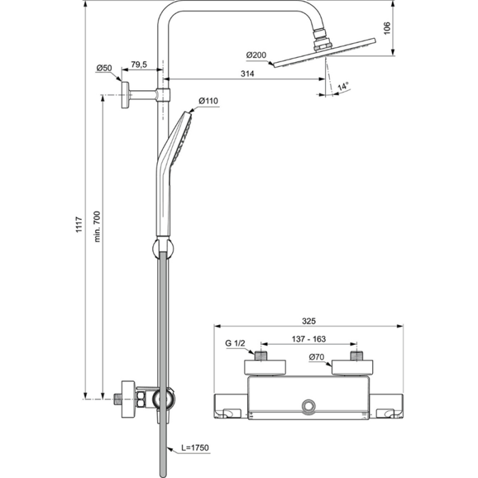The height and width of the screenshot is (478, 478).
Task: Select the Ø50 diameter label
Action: (104, 68)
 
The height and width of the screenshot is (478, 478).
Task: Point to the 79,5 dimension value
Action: (139, 65)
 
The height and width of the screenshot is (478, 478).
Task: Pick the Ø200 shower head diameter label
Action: (256, 55)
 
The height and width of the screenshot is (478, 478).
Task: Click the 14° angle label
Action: (343, 86)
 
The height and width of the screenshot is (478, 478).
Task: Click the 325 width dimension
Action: (310, 319)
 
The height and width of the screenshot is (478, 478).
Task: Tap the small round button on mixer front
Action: (309, 408)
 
